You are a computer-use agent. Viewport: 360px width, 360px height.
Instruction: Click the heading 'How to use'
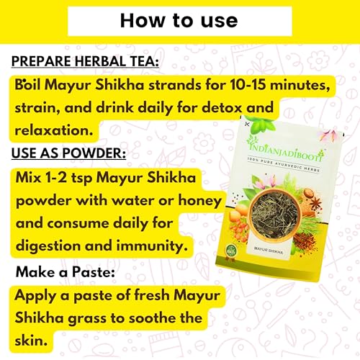(x=179, y=21)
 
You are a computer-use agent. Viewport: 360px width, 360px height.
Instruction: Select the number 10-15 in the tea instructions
(x=248, y=85)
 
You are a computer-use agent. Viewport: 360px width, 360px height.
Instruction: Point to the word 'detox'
(x=222, y=107)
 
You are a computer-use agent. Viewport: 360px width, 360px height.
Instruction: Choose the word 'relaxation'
(x=54, y=130)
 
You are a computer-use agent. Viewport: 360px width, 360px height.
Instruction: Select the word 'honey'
(x=199, y=201)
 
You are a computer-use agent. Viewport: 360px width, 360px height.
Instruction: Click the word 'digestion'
(x=48, y=246)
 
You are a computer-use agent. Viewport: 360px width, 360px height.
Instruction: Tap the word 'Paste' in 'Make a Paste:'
(x=94, y=272)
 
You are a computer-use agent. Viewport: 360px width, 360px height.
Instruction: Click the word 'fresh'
(x=152, y=294)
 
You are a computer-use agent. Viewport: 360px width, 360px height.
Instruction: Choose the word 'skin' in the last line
(x=31, y=341)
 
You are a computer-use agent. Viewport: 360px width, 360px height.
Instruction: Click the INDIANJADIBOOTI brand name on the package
(x=286, y=150)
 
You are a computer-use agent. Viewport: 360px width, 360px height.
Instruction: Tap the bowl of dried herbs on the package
(x=274, y=215)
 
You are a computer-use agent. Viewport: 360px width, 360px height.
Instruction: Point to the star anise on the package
(x=315, y=203)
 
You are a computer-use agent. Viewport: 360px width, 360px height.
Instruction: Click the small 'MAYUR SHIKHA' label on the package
(x=269, y=250)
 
